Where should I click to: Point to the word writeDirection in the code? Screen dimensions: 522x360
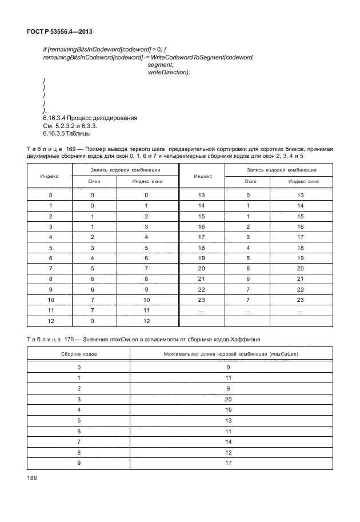tap(168, 72)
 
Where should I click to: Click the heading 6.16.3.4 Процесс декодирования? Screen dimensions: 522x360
tap(86, 118)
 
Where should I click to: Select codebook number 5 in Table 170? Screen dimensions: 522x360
tap(79, 420)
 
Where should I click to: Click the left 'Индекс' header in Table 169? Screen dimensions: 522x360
tap(50, 176)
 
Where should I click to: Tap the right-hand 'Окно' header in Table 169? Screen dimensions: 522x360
tap(250, 182)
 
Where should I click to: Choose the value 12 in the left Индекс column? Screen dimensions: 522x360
tap(50, 321)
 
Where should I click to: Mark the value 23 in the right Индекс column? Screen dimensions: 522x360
tap(202, 300)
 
